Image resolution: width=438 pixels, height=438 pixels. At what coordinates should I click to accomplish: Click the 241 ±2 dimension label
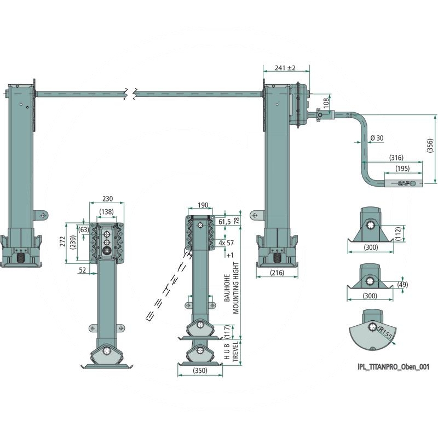click(x=285, y=68)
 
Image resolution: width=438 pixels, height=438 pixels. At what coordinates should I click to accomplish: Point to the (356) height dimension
click(x=430, y=146)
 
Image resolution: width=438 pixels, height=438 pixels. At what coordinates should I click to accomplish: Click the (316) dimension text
click(x=396, y=157)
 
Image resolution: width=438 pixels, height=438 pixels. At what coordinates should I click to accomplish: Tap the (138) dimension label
click(x=106, y=211)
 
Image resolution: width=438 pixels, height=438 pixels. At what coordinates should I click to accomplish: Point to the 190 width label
click(x=203, y=205)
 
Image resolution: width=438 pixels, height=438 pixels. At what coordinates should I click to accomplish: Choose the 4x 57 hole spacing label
click(x=227, y=243)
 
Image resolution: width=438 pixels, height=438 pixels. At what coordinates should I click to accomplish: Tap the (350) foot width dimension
click(x=200, y=371)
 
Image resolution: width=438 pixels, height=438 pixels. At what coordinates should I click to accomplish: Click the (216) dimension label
click(x=277, y=272)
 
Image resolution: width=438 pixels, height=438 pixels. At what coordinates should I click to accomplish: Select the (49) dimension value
click(x=403, y=285)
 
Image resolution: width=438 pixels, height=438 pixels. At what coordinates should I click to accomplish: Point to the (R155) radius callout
click(x=385, y=332)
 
